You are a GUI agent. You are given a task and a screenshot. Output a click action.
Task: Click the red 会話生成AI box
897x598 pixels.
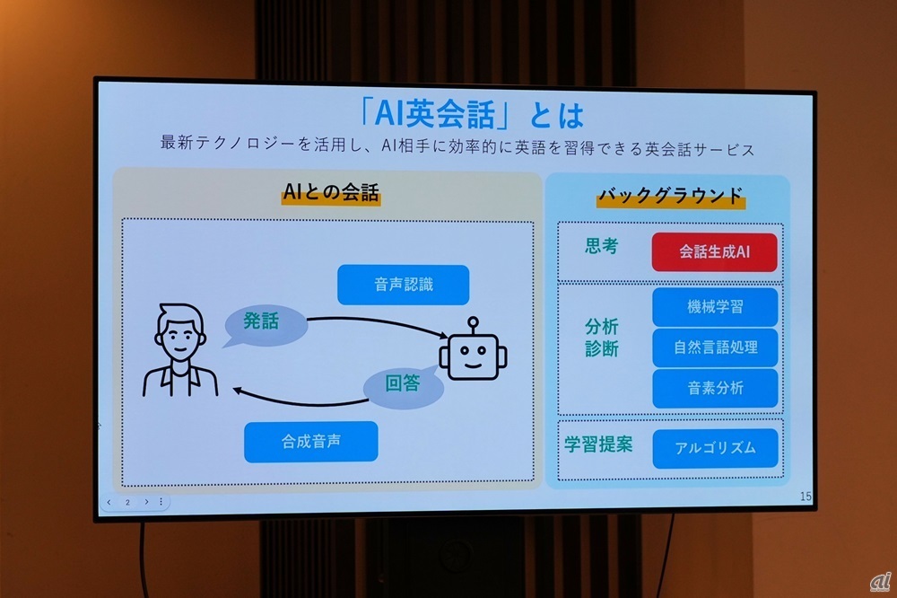(714, 253)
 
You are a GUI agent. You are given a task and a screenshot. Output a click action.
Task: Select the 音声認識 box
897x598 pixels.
(404, 285)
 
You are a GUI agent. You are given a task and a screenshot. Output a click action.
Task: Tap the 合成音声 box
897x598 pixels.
(310, 441)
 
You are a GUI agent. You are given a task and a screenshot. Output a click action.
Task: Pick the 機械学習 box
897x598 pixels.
(714, 307)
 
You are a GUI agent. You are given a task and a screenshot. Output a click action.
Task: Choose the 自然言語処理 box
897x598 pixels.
(715, 347)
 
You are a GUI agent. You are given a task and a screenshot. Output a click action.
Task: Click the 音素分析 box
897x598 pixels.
(715, 388)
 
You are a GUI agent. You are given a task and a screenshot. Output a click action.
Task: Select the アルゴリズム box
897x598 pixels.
(715, 447)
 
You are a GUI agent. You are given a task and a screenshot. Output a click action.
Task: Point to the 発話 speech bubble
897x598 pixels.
(259, 321)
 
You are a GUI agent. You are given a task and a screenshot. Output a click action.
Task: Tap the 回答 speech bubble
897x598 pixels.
(402, 384)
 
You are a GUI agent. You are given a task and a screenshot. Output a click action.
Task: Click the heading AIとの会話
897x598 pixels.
(330, 192)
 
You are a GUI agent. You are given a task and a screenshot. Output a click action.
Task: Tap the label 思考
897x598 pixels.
(600, 246)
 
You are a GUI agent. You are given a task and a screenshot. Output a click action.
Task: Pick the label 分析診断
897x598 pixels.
(602, 338)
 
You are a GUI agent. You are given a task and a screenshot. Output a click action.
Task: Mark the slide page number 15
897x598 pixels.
(804, 497)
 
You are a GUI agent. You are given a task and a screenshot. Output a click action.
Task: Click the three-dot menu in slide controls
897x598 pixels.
(161, 502)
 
